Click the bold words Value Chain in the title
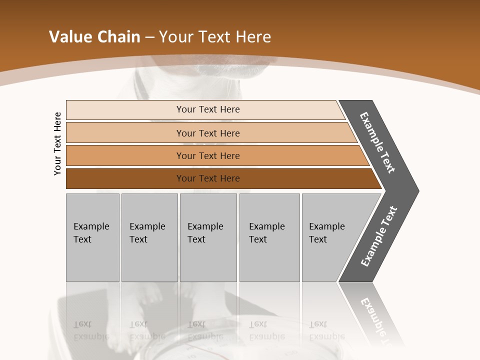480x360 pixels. pos(94,37)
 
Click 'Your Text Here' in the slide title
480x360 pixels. pos(215,37)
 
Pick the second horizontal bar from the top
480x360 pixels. pos(208,133)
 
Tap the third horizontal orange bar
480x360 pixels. pos(208,155)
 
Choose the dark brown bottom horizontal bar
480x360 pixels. pos(208,178)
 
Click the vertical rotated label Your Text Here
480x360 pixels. pos(57,143)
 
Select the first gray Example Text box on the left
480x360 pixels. pos(92,237)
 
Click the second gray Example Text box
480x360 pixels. pos(149,237)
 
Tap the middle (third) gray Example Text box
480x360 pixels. pos(208,237)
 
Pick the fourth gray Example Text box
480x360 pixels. pos(269,237)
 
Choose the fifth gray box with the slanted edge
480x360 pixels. pos(330,237)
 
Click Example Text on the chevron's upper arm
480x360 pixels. pos(377,142)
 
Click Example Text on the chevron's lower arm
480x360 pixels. pos(379,236)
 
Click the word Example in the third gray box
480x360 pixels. pos(205,226)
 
